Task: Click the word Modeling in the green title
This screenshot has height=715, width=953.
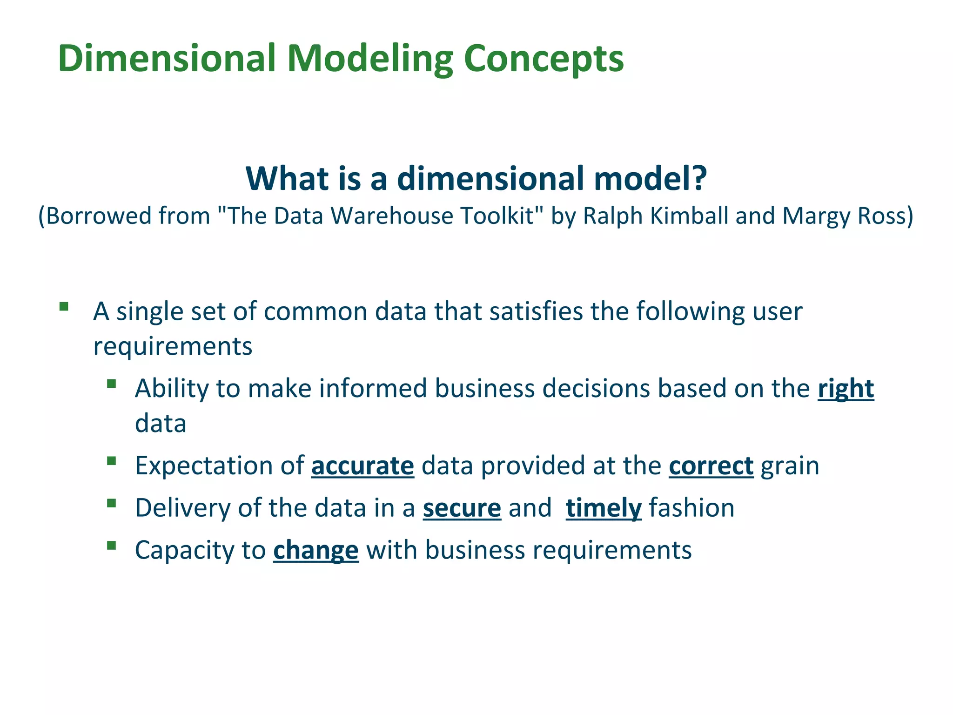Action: pyautogui.click(x=370, y=59)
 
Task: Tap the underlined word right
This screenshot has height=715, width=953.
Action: pyautogui.click(x=846, y=389)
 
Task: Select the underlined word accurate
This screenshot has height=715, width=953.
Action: pyautogui.click(x=362, y=466)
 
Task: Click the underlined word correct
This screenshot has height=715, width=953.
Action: pyautogui.click(x=711, y=466)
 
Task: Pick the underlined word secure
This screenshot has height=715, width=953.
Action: pyautogui.click(x=462, y=508)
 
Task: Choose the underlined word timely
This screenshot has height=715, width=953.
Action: pyautogui.click(x=604, y=508)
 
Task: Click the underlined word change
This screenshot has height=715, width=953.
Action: pyautogui.click(x=316, y=551)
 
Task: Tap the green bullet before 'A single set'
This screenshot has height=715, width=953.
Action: pyautogui.click(x=64, y=307)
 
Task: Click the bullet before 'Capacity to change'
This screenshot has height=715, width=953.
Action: pyautogui.click(x=111, y=546)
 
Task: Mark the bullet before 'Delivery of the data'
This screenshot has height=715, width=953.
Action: pyautogui.click(x=111, y=503)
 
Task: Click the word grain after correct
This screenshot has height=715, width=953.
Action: pyautogui.click(x=790, y=466)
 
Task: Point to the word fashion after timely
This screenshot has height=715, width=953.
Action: pyautogui.click(x=691, y=508)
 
